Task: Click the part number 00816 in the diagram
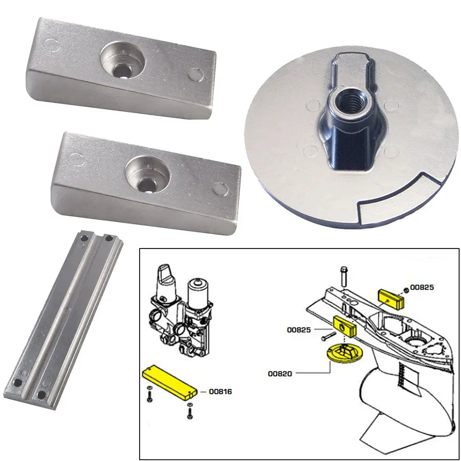tap(220, 392)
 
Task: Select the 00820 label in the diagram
tap(279, 373)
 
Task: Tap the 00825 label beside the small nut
tap(422, 287)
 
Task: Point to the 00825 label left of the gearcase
tap(298, 330)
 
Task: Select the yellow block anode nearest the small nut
tap(391, 297)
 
